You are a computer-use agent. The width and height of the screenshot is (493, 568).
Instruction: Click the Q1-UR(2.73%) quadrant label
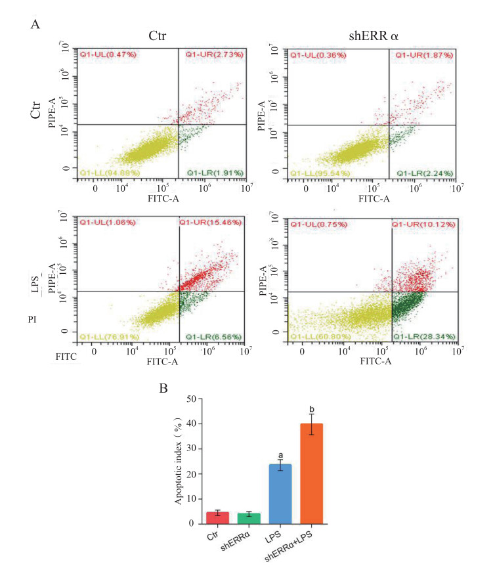[x=215, y=54]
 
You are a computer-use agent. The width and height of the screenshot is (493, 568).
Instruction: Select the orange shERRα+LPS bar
[x=312, y=473]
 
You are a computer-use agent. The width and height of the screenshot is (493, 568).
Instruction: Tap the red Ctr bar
[x=218, y=517]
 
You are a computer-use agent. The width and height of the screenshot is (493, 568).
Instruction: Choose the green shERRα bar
[x=249, y=518]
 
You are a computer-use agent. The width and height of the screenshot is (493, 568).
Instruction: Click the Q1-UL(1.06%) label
[x=107, y=223]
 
